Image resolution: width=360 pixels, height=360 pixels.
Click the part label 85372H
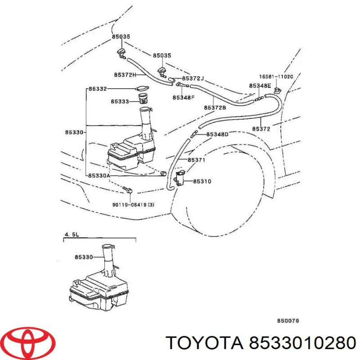125,75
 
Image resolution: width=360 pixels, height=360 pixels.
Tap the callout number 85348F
184,97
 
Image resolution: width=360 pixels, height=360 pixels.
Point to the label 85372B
215,108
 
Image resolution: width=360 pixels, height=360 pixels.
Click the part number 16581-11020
276,77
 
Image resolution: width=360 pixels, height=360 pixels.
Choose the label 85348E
260,85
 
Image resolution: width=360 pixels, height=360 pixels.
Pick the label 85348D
217,134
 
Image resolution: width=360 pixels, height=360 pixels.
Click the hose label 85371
196,160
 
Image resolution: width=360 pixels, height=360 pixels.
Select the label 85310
202,181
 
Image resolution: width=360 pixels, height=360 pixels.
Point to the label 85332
98,90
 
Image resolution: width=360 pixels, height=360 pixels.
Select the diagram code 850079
288,321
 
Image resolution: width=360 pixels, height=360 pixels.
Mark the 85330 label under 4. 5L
83,257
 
